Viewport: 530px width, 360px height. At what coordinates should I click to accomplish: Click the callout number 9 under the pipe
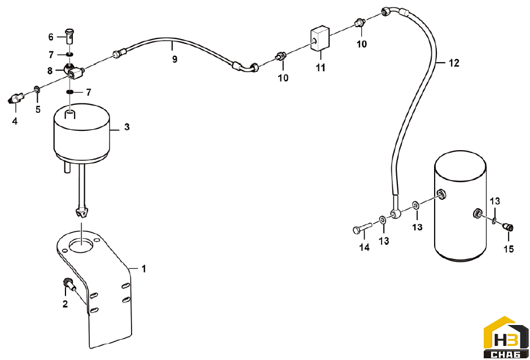pos(174,59)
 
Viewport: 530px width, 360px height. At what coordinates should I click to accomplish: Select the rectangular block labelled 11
pos(320,38)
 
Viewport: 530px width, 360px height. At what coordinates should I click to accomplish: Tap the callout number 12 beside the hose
pos(454,63)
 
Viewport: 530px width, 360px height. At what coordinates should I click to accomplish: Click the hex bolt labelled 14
pos(362,227)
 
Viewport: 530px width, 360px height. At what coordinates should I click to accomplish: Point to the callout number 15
pos(509,249)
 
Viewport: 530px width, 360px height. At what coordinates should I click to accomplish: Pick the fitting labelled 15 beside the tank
pos(508,227)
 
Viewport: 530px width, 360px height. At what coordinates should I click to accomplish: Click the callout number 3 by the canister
pos(127,127)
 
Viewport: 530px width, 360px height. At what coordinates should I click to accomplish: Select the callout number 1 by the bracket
pos(144,269)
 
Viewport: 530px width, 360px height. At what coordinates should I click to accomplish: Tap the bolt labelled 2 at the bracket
pos(69,283)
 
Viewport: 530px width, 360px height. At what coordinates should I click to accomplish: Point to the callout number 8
pos(50,71)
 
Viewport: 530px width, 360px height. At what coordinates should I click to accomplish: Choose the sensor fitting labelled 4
pos(16,98)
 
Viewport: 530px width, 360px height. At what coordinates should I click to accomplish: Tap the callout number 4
pos(15,121)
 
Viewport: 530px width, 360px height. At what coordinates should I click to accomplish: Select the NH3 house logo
pos(506,337)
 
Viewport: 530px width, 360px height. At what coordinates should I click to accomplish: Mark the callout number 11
pos(320,68)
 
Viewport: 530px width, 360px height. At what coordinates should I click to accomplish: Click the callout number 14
pos(364,247)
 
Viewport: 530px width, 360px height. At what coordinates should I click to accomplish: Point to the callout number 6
pos(51,37)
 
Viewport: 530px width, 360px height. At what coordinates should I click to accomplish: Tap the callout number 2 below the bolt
pos(65,304)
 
